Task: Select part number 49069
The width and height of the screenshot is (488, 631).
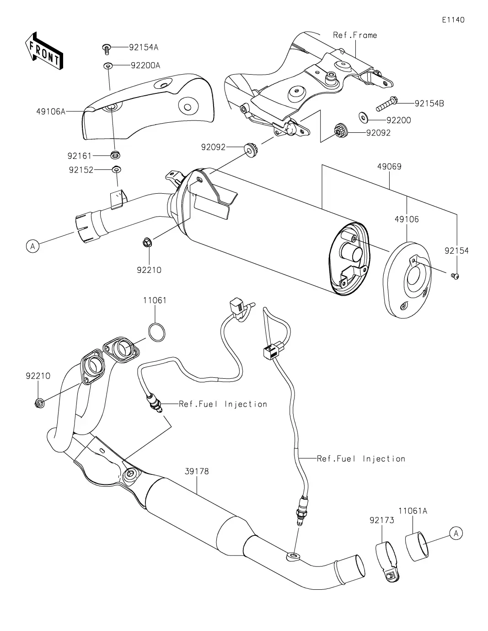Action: [389, 167]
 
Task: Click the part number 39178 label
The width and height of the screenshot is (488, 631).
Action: [197, 471]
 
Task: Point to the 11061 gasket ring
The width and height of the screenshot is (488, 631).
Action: [156, 332]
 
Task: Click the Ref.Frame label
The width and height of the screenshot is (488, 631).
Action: [355, 35]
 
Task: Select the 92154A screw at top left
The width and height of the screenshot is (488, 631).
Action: [106, 48]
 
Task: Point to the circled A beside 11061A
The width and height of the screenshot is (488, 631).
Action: [456, 533]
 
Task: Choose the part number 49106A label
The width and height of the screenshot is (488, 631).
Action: [51, 111]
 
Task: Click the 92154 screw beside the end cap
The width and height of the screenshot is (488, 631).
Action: [455, 275]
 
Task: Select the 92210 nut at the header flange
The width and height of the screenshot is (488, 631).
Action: [39, 403]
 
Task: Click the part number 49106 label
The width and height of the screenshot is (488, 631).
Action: [407, 219]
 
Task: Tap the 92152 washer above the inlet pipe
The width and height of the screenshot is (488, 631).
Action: [117, 170]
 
